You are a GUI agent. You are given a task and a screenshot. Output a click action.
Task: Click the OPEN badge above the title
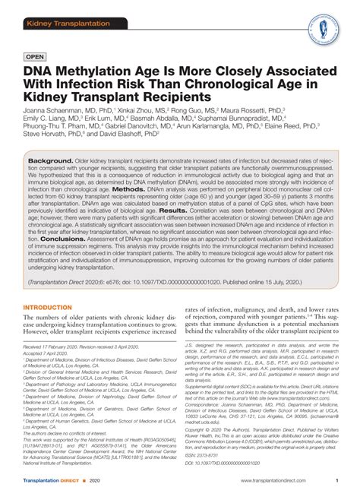click(36, 56)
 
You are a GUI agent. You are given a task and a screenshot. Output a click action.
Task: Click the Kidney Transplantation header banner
click(60, 7)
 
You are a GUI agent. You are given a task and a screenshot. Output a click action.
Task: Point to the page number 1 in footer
click(336, 481)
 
